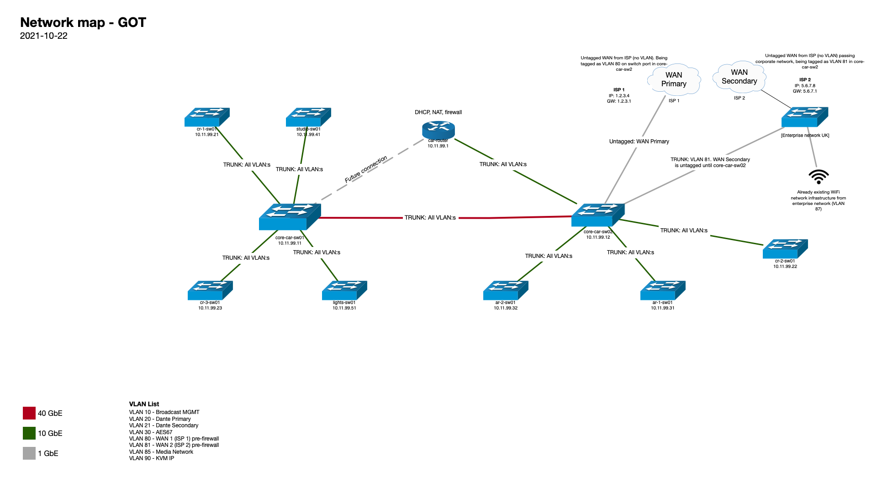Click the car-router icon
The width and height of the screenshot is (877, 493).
click(438, 130)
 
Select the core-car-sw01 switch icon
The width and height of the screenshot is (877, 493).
click(290, 217)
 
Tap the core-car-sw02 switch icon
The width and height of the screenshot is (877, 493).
click(597, 215)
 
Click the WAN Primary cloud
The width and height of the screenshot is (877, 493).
click(674, 79)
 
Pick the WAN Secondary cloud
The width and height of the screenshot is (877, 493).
click(739, 77)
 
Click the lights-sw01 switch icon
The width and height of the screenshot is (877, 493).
click(344, 290)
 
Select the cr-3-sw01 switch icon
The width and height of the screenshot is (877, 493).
click(210, 290)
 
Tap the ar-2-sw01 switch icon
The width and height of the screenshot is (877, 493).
click(506, 290)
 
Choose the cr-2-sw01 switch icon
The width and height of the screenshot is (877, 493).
click(785, 249)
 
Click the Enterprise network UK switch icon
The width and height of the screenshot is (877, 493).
click(804, 117)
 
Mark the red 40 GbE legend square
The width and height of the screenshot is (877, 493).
click(29, 413)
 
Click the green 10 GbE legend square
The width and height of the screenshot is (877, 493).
click(29, 433)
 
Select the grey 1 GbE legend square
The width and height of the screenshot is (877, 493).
click(29, 453)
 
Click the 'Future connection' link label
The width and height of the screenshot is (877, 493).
click(366, 169)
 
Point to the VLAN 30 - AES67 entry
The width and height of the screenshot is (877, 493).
click(151, 432)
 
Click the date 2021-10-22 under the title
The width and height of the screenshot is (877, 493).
click(44, 36)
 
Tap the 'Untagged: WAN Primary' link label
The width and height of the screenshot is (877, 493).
click(639, 142)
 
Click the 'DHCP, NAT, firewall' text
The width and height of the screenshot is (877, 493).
click(438, 112)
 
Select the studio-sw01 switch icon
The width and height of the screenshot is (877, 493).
click(308, 117)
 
